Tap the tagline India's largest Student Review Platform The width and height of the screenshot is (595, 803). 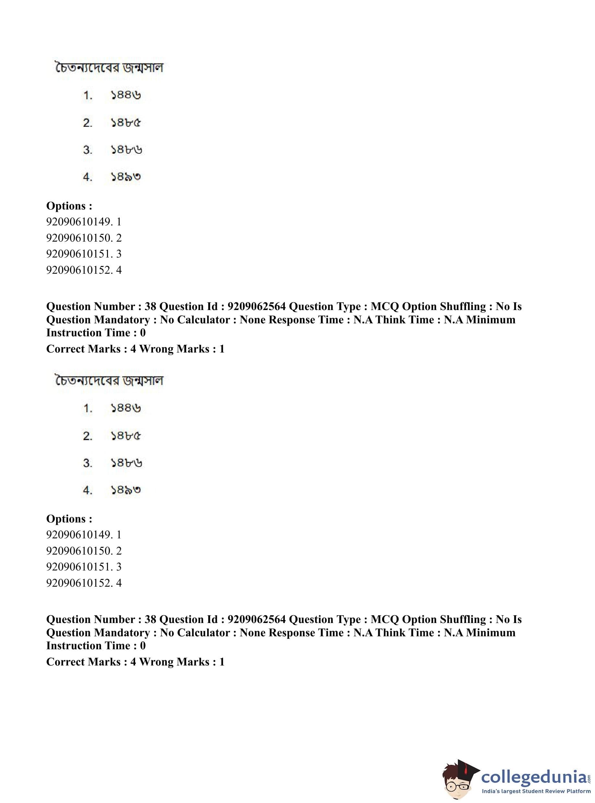click(536, 791)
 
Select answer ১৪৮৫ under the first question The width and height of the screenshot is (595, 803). click(126, 123)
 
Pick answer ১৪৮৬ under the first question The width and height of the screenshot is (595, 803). click(126, 150)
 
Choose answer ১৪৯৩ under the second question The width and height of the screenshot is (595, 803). click(126, 490)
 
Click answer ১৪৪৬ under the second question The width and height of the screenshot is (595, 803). click(126, 408)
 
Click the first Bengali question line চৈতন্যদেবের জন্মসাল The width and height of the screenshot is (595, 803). click(109, 68)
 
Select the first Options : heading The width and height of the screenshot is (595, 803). click(69, 206)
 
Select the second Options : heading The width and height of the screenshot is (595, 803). click(69, 519)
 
